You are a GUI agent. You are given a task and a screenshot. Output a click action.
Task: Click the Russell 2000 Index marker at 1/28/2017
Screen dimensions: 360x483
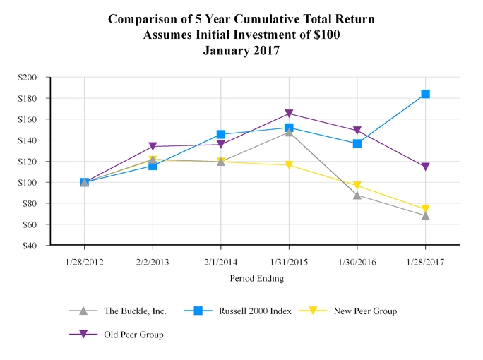pyautogui.click(x=425, y=94)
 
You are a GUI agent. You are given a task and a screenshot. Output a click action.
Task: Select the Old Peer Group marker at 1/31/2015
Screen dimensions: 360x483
pyautogui.click(x=289, y=114)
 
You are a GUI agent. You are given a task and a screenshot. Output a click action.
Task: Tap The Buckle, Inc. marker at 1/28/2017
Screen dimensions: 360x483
pyautogui.click(x=425, y=215)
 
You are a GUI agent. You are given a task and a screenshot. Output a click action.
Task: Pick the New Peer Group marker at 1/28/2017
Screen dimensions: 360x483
pyautogui.click(x=425, y=209)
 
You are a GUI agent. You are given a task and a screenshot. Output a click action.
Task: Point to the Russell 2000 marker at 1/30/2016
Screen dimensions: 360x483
pyautogui.click(x=357, y=143)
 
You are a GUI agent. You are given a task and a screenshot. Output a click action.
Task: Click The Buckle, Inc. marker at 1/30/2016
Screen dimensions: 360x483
pyautogui.click(x=357, y=195)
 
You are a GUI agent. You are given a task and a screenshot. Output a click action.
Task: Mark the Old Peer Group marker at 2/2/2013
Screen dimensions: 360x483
pyautogui.click(x=153, y=147)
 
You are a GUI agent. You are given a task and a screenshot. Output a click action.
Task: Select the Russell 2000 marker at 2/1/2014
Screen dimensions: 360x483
pyautogui.click(x=221, y=134)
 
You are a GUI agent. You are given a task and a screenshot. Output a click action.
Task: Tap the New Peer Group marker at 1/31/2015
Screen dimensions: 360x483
pyautogui.click(x=289, y=165)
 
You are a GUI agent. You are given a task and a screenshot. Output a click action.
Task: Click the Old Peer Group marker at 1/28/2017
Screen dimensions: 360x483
pyautogui.click(x=425, y=167)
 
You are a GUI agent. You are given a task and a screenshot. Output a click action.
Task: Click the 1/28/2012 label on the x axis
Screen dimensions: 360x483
pyautogui.click(x=85, y=261)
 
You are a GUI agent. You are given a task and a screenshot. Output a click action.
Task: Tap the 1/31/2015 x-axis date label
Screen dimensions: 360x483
pyautogui.click(x=289, y=261)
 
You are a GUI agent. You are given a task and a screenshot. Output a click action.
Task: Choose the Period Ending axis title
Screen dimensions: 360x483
pyautogui.click(x=256, y=278)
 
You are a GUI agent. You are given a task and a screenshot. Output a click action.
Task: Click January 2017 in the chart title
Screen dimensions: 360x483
pyautogui.click(x=241, y=50)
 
